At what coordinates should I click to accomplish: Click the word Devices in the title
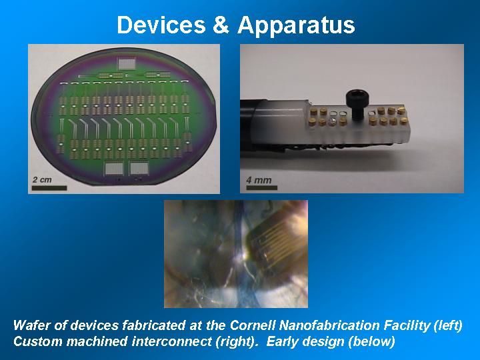[161, 25]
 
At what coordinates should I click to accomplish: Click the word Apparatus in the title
[296, 26]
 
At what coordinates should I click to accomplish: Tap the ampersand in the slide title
[221, 25]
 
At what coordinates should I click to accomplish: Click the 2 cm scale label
[42, 180]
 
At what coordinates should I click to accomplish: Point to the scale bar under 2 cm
[49, 188]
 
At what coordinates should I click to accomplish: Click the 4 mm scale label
[259, 180]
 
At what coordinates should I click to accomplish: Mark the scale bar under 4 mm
[262, 187]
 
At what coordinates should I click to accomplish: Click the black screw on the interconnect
[356, 105]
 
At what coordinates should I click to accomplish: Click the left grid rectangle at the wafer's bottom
[114, 169]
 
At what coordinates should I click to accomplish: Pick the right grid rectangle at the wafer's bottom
[139, 169]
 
